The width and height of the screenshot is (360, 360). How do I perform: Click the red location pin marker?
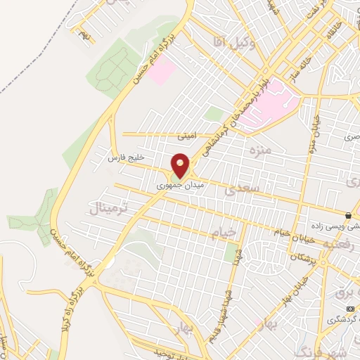click(x=181, y=166)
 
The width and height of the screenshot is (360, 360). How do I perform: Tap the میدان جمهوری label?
click(x=174, y=186)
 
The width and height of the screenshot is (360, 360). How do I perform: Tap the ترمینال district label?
click(x=110, y=207)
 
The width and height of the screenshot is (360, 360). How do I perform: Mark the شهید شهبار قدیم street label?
click(x=229, y=292)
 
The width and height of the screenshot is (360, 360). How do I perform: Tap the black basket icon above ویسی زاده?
click(x=347, y=215)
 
